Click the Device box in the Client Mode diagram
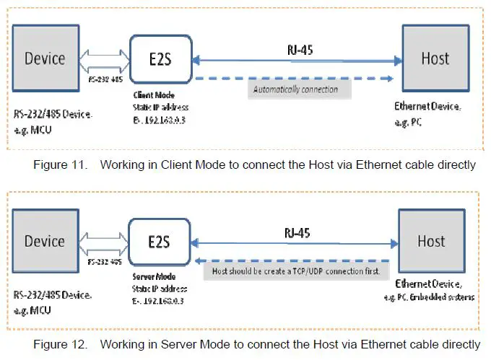pyautogui.click(x=45, y=58)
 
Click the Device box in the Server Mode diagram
pyautogui.click(x=45, y=241)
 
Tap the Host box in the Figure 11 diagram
pyautogui.click(x=435, y=58)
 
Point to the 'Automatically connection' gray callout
pyautogui.click(x=297, y=90)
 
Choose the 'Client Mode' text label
pyautogui.click(x=153, y=95)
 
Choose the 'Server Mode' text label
pyautogui.click(x=153, y=277)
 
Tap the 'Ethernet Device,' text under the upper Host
pyautogui.click(x=427, y=106)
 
